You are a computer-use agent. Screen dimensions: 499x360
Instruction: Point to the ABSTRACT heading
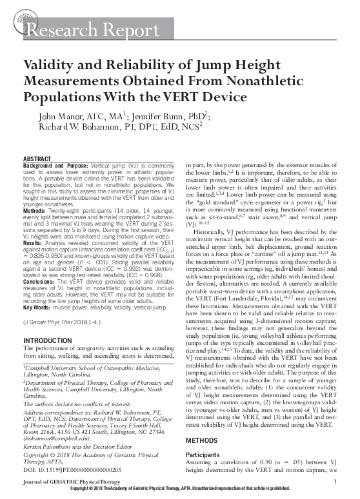click(x=41, y=159)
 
